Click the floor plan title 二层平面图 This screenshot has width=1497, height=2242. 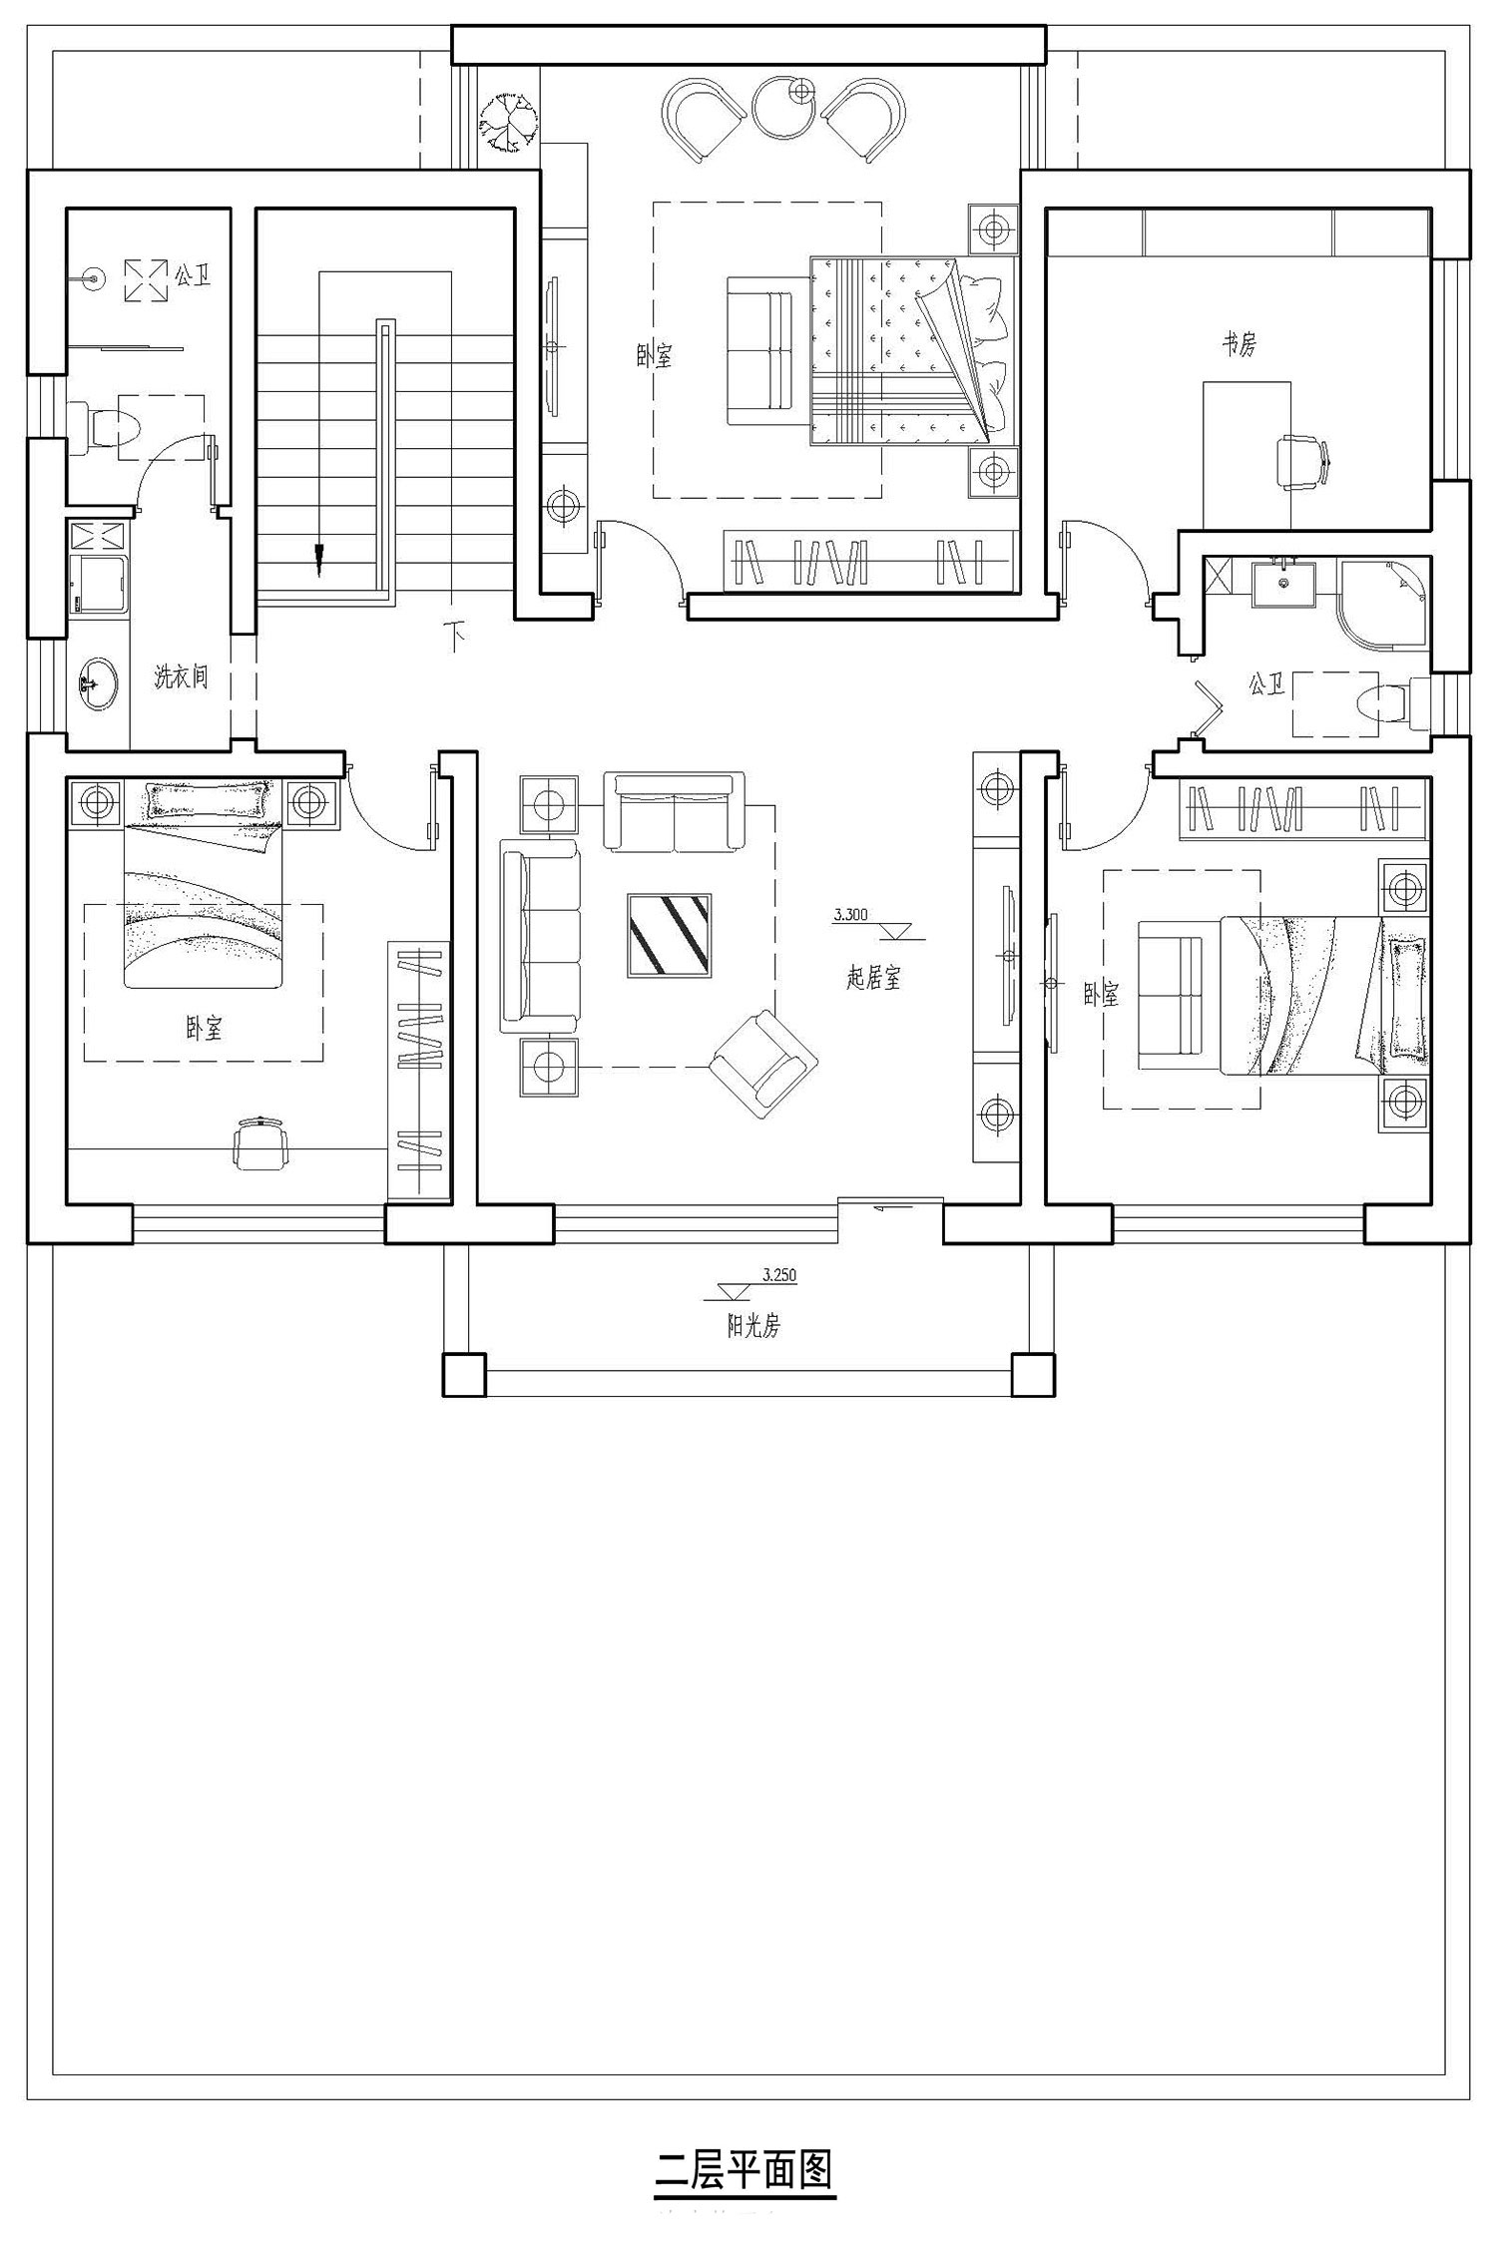pos(745,2169)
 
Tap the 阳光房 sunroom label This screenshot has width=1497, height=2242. pos(753,1326)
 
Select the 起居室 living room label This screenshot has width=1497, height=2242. pos(873,979)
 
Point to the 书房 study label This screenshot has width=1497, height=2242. pos(1240,344)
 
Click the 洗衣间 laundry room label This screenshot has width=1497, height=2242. pos(181,676)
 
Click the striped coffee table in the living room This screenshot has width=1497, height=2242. pos(669,935)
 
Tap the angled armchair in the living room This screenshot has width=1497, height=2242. pos(763,1058)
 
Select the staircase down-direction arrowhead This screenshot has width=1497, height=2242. pos(319,561)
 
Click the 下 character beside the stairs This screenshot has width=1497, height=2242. pos(456,636)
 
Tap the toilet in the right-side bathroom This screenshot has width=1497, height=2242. pos(1396,703)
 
